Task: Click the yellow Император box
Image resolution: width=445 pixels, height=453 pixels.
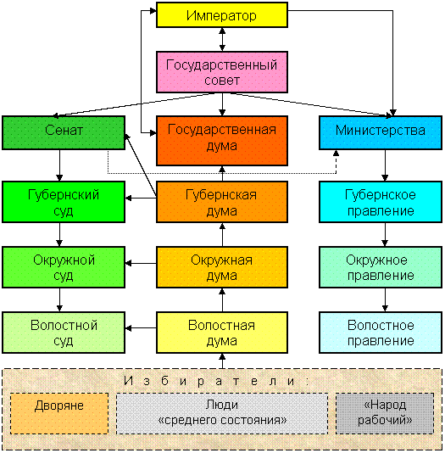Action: [x=222, y=15]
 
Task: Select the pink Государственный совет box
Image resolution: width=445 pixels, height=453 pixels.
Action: [x=222, y=72]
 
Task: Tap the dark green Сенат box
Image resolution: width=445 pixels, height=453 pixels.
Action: [x=64, y=133]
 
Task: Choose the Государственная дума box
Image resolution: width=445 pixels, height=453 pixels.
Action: [x=222, y=141]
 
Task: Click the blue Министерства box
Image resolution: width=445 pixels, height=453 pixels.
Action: [x=381, y=133]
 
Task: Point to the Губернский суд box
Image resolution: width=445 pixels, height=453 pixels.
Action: [x=64, y=202]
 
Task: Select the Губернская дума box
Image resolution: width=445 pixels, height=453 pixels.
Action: [x=222, y=202]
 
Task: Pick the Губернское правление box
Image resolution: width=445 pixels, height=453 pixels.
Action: [x=381, y=202]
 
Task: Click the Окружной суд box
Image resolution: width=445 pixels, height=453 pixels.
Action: [x=64, y=267]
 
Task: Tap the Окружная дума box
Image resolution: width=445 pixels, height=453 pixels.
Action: [x=222, y=267]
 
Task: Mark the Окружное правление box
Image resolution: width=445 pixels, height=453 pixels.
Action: [x=381, y=267]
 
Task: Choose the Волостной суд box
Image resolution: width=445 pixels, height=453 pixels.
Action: [x=64, y=333]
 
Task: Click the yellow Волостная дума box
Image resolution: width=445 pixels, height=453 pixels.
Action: [x=222, y=333]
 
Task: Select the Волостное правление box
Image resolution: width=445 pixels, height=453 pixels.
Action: [x=381, y=333]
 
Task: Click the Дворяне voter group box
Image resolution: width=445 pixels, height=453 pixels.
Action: [x=59, y=413]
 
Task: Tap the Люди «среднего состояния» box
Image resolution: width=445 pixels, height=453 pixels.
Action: [x=222, y=413]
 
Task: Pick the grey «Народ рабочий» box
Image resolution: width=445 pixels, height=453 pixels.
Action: [x=385, y=413]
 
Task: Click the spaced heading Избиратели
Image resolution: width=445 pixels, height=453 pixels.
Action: [x=216, y=382]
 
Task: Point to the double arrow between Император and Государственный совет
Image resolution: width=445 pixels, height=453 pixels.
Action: [x=222, y=40]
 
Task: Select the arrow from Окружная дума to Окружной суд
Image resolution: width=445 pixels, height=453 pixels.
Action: [x=141, y=263]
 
